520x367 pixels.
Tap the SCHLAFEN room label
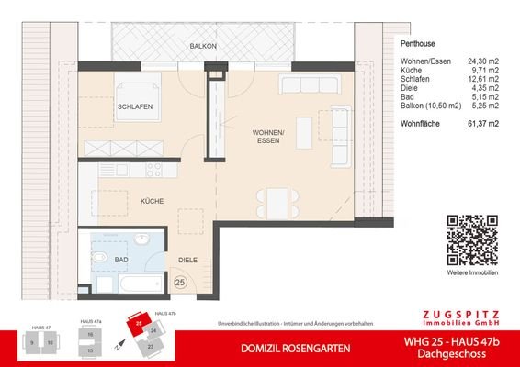coord(134,107)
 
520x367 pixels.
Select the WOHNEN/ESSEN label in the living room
coord(268,138)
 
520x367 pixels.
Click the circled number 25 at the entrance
coord(180,283)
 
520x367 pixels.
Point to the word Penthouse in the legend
coord(419,44)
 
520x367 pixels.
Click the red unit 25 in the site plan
coord(139,324)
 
